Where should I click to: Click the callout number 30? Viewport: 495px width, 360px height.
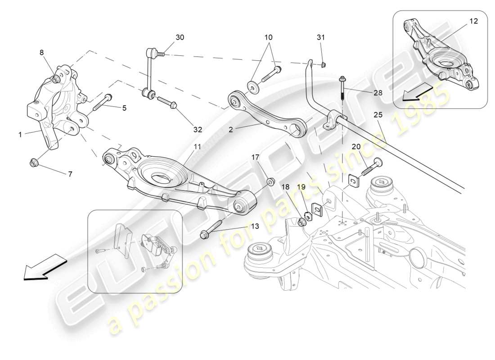[x=180, y=37]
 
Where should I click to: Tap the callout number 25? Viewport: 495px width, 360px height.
[x=378, y=115]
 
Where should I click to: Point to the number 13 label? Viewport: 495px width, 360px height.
[x=255, y=226]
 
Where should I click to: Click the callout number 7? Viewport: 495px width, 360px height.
[x=70, y=174]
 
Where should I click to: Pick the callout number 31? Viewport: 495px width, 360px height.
[x=320, y=37]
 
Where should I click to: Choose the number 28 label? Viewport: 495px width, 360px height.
[x=378, y=92]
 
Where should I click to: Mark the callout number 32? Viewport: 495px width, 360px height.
[x=198, y=130]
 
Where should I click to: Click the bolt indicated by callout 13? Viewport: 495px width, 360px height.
[x=211, y=229]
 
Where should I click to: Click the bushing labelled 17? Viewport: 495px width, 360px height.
[x=271, y=182]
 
